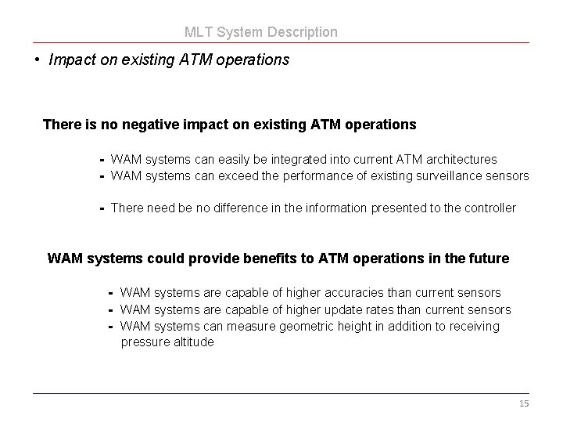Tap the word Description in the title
pos(303,32)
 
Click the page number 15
pos(524,403)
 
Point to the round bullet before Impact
pos(38,60)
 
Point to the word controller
pos(489,208)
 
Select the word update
pos(332,309)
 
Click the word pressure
pos(143,342)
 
